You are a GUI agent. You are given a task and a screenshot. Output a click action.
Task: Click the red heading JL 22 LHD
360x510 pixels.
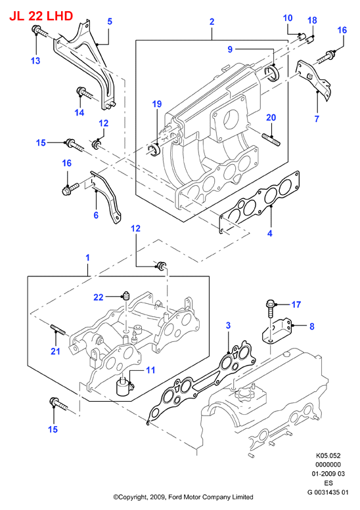click(x=41, y=16)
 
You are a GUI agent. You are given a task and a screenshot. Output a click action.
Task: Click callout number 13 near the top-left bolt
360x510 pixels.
click(x=35, y=60)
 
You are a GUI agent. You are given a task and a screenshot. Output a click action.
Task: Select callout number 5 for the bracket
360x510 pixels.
click(x=110, y=22)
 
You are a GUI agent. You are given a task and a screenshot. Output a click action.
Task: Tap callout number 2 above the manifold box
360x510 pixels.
click(x=212, y=22)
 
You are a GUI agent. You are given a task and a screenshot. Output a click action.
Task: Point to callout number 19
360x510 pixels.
click(x=157, y=104)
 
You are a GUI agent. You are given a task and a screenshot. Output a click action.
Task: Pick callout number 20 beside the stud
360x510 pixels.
click(x=271, y=117)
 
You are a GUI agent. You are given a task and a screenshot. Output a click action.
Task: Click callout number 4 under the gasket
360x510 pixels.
click(x=269, y=233)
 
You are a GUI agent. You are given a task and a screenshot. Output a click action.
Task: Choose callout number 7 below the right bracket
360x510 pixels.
click(x=317, y=119)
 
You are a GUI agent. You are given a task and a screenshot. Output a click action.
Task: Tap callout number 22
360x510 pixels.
click(x=99, y=297)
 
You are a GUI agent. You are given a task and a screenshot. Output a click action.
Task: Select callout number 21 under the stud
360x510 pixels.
click(x=56, y=351)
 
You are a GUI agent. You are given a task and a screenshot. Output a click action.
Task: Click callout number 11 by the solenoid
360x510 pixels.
click(x=150, y=370)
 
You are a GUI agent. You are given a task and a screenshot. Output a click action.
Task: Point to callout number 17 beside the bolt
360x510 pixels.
click(x=296, y=305)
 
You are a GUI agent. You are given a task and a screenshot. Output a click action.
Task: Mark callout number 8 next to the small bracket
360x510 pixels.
click(x=312, y=326)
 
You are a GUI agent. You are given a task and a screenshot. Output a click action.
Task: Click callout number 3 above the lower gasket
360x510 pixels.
click(x=228, y=326)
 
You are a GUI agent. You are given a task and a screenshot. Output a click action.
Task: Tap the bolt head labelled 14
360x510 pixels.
click(x=80, y=91)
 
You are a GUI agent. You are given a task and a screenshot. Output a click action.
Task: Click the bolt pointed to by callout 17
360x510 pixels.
click(x=271, y=308)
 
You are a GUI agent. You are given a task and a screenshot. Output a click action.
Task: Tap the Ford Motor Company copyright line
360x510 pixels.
click(x=183, y=497)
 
